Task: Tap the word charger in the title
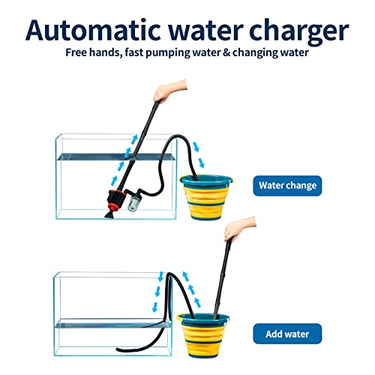pos(299,32)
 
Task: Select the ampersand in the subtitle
pos(226,52)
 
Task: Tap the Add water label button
pos(287,334)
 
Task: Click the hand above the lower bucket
pos(238,228)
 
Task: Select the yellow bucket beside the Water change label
pos(206,197)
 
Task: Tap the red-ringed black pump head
pos(115,199)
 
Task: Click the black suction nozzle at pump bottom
pos(109,214)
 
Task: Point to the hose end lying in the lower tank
pos(118,349)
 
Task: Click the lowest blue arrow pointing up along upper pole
pos(114,181)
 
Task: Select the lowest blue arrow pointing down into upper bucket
pos(202,163)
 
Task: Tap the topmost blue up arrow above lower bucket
pos(185,276)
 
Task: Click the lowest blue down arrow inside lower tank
pos(155,307)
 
